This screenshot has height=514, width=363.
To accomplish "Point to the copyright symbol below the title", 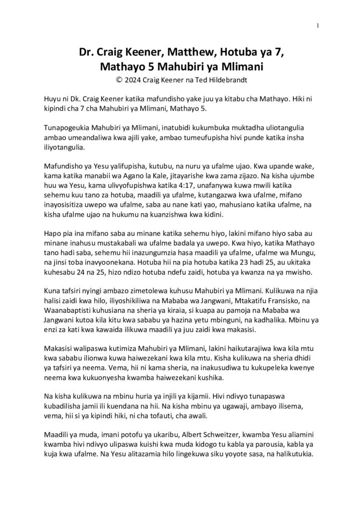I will tap(119, 79).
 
